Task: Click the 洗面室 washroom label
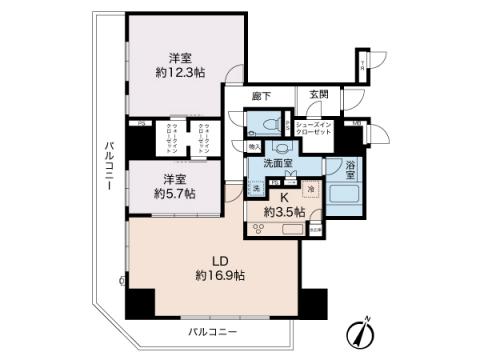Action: pyautogui.click(x=279, y=162)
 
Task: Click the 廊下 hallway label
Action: pyautogui.click(x=264, y=93)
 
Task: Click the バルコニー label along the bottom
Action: pyautogui.click(x=212, y=330)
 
